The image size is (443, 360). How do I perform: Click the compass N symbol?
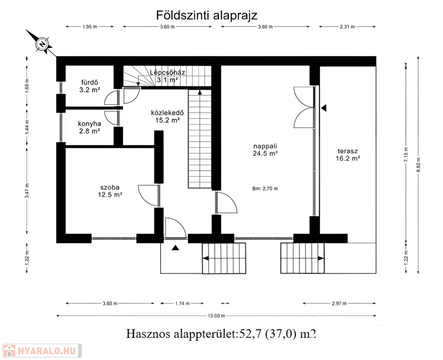click(42, 44)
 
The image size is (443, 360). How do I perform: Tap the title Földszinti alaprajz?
click(207, 15)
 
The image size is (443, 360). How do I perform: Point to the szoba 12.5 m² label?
click(110, 191)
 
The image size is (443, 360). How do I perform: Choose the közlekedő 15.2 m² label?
click(167, 116)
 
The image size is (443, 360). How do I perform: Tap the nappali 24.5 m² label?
click(265, 150)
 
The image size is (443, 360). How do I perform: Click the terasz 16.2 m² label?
click(348, 155)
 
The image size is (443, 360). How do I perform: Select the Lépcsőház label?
click(168, 72)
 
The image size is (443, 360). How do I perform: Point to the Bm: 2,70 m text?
click(265, 188)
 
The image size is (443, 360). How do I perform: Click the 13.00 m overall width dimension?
click(216, 315)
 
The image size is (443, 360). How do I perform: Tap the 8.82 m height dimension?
click(418, 165)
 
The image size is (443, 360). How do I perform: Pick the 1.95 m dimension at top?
click(90, 27)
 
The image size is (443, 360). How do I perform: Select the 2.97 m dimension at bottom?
click(339, 303)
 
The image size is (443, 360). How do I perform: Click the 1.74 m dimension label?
click(182, 303)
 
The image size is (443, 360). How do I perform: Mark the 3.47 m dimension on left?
click(27, 191)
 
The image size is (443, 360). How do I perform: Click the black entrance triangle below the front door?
click(176, 247)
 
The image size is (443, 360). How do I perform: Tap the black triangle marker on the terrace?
click(324, 107)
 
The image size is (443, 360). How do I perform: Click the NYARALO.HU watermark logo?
click(42, 351)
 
